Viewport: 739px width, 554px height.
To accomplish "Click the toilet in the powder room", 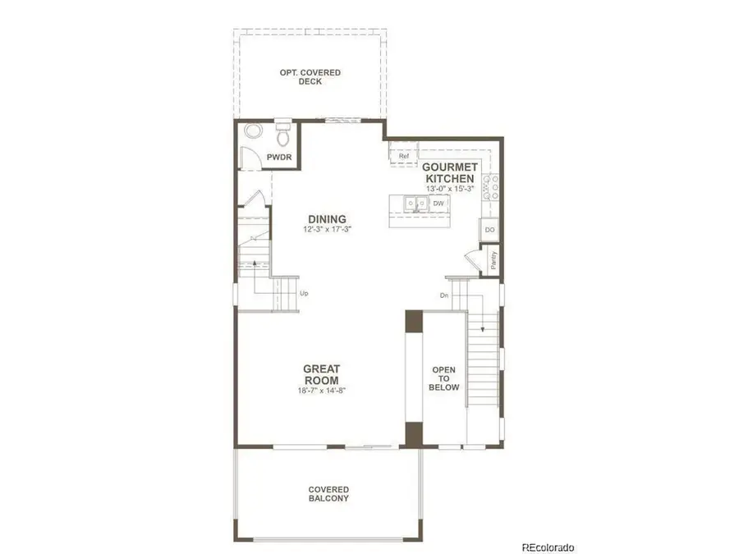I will [282, 130].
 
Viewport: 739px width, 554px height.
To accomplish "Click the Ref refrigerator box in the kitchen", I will [403, 155].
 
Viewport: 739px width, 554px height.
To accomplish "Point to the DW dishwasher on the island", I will [438, 203].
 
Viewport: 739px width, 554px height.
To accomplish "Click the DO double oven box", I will [489, 231].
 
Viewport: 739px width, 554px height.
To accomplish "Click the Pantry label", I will [493, 260].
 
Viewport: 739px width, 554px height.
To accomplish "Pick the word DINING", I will [327, 219].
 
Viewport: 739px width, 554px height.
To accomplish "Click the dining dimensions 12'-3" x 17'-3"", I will [327, 230].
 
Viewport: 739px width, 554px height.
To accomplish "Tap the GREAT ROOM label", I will [321, 375].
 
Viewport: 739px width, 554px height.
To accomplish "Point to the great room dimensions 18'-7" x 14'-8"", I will [321, 391].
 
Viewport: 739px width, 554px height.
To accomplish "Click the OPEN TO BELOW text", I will [445, 378].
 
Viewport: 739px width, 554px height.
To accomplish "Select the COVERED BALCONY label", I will [328, 493].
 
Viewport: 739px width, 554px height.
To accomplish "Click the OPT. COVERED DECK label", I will [310, 77].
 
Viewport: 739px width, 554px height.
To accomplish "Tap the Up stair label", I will [304, 294].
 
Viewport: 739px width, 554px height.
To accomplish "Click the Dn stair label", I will [443, 295].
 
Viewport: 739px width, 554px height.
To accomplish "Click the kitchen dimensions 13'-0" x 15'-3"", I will [449, 189].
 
